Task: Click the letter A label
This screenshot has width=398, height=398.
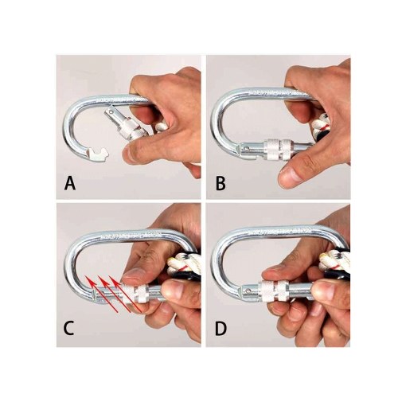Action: (x=70, y=183)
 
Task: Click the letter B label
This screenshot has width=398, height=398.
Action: (x=220, y=183)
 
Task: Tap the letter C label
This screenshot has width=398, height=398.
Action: (x=68, y=329)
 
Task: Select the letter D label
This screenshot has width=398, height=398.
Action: (x=220, y=329)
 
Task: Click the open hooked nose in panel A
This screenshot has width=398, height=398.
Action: (x=98, y=154)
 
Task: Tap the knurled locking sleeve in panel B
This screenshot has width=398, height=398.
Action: (x=278, y=150)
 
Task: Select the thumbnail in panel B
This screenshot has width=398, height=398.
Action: (x=287, y=176)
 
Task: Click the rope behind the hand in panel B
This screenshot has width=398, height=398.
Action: (x=322, y=127)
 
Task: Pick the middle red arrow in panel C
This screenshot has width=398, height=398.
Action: (x=114, y=294)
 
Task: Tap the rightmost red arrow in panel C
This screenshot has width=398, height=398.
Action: (x=125, y=294)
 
